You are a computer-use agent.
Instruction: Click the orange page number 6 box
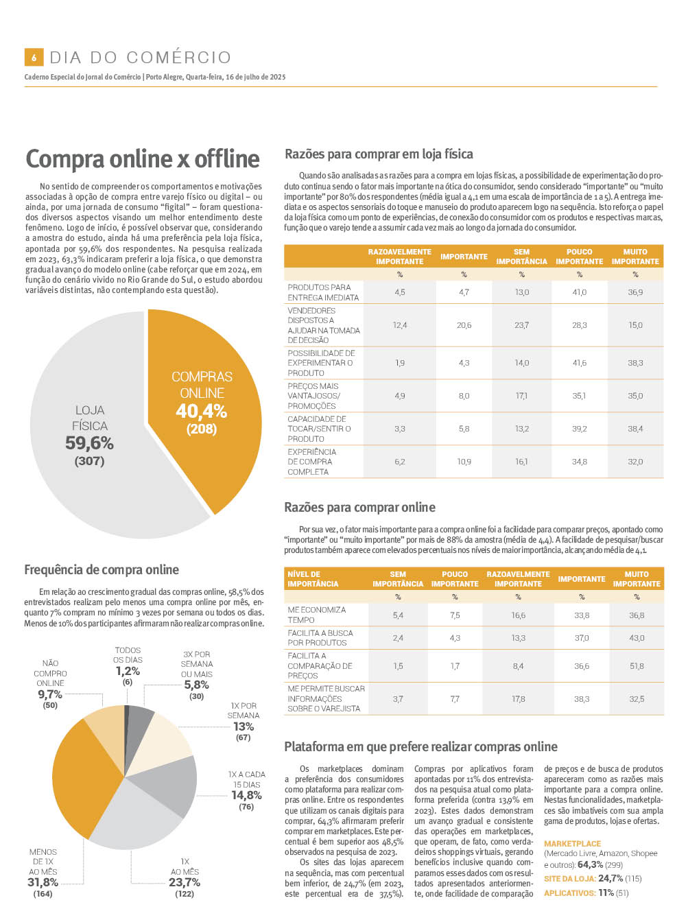34,57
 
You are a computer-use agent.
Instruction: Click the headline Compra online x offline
143,158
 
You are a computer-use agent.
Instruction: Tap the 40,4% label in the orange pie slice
202,411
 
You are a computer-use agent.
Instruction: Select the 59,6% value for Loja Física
89,442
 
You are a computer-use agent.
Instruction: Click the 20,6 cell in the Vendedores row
464,325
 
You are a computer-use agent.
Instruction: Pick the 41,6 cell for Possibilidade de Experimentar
579,362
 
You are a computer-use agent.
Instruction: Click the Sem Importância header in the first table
522,257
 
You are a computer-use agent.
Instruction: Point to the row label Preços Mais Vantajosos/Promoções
314,396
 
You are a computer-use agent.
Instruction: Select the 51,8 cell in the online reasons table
637,665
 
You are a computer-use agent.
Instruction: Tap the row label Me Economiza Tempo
317,615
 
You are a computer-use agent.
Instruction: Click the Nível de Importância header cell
313,578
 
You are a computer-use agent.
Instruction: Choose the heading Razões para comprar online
359,507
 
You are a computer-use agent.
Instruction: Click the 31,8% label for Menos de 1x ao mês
43,882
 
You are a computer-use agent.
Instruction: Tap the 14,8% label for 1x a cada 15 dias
246,794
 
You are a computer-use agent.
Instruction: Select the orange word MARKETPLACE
572,843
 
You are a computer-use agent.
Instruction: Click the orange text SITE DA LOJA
569,878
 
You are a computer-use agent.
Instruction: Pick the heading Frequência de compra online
102,569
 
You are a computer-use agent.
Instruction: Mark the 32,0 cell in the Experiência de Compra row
635,461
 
